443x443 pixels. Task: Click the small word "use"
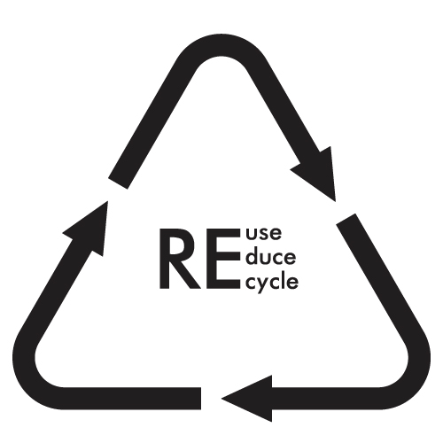(x=264, y=233)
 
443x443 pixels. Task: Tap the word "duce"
(x=271, y=256)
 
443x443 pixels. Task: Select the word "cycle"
(x=272, y=282)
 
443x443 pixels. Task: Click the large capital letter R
(x=179, y=259)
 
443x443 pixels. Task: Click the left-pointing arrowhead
(x=247, y=399)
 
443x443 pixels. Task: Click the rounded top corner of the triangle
(x=221, y=45)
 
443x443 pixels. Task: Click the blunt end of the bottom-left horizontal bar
(x=201, y=399)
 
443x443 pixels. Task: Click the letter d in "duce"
(x=252, y=256)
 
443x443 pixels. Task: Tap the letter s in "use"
(x=265, y=234)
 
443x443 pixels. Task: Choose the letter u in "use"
(x=252, y=234)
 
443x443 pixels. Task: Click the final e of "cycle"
(x=292, y=282)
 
